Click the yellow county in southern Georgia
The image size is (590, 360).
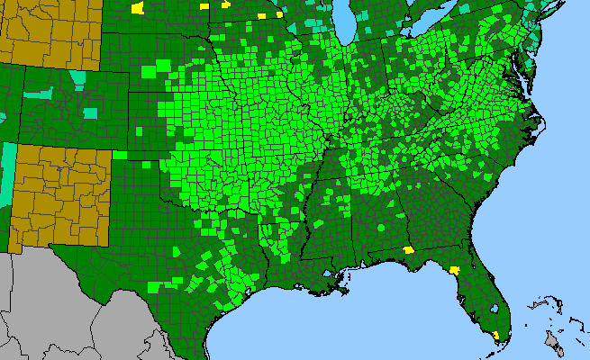coord(408,250)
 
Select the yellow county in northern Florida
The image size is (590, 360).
coord(455,268)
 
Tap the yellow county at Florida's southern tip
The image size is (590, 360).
coord(497,336)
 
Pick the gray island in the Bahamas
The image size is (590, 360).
coord(552,339)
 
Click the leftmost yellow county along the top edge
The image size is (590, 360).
coord(137,8)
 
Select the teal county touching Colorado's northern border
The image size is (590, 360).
coord(78,78)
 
